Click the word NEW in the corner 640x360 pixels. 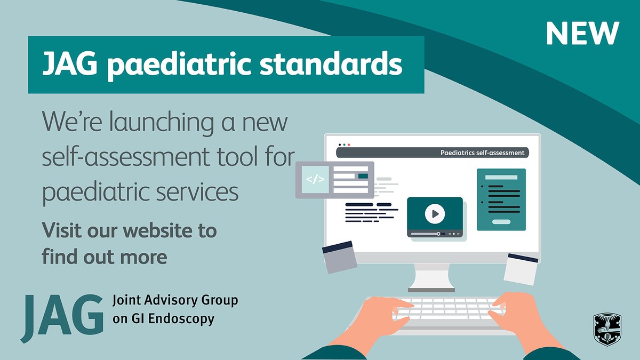[582, 34]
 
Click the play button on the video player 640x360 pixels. [435, 214]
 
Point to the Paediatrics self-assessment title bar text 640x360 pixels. [482, 153]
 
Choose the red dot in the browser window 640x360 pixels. [349, 145]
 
